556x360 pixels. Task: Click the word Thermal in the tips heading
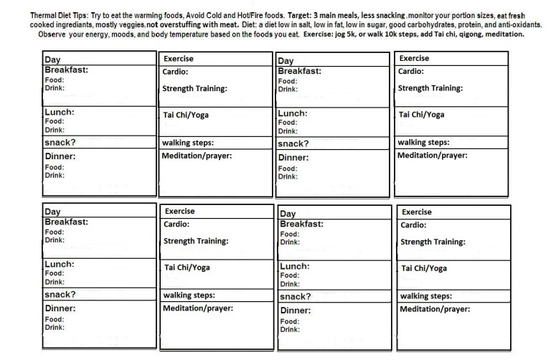44,14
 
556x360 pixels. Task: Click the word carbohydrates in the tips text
417,24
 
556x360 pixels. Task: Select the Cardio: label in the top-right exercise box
411,72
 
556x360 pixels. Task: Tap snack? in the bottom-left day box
61,294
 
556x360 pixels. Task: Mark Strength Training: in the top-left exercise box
195,89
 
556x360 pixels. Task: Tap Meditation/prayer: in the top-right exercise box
432,156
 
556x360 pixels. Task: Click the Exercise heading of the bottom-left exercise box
179,212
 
